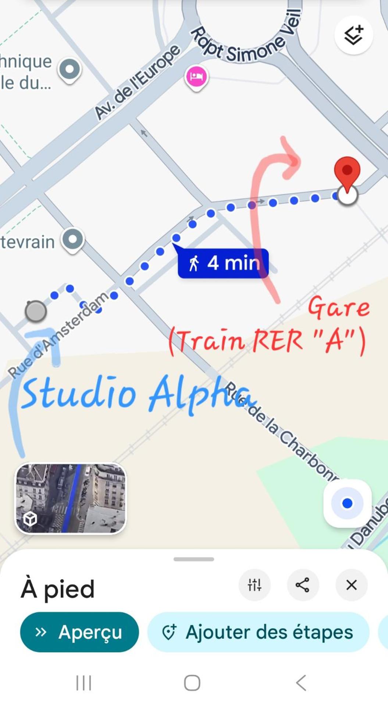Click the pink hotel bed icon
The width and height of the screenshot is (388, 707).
click(196, 77)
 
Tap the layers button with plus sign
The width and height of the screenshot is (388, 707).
click(353, 35)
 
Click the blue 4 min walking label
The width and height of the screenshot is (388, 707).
click(223, 263)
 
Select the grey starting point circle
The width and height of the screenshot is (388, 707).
click(36, 311)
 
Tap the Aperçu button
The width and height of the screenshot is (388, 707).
click(79, 632)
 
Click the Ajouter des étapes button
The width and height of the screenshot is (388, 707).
click(258, 632)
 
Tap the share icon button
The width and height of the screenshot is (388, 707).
click(302, 585)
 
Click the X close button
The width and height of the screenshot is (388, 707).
click(351, 585)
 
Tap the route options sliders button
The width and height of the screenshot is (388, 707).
click(254, 585)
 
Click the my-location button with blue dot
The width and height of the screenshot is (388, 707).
click(347, 503)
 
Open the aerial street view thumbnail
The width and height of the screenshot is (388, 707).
click(70, 498)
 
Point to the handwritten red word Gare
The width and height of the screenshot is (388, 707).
click(339, 307)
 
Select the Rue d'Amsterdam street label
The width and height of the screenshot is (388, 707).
click(59, 335)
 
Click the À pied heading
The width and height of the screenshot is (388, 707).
click(58, 588)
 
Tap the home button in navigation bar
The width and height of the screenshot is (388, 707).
click(192, 683)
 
